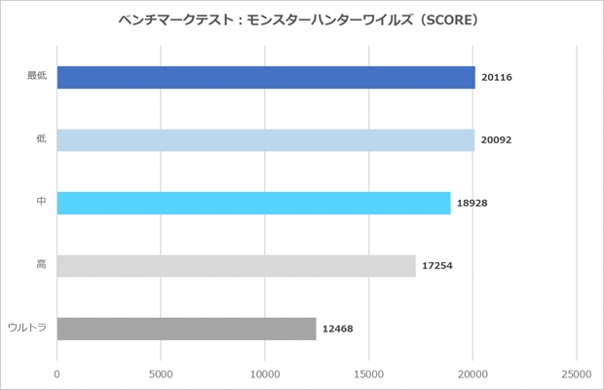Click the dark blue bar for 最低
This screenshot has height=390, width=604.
266,77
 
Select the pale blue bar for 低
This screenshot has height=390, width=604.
266,139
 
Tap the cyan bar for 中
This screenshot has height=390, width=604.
253,203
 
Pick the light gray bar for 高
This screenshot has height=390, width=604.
236,265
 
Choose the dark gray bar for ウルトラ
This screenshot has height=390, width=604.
186,329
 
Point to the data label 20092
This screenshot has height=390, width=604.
496,139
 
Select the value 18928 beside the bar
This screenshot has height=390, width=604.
472,203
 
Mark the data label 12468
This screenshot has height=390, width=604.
337,329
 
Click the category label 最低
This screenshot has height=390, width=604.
37,76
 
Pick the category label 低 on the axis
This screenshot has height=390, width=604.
41,138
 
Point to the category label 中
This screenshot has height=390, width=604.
41,202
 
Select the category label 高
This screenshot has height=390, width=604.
41,264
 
